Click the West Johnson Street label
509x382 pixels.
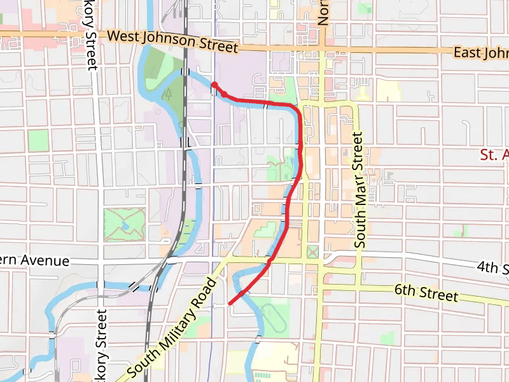click(172, 42)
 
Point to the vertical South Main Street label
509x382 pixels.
click(359, 190)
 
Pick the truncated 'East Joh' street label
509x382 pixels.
click(480, 53)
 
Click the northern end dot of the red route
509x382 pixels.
click(214, 85)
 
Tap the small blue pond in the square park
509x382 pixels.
click(125, 225)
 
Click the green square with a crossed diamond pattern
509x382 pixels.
click(312, 252)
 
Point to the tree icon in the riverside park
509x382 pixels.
click(168, 95)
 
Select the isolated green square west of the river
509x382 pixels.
click(38, 140)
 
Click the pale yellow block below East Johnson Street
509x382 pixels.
click(388, 90)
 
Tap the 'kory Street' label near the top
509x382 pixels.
click(90, 35)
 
